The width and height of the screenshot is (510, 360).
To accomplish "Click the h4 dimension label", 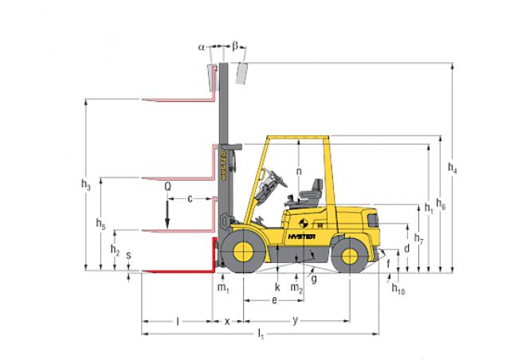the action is [453, 168].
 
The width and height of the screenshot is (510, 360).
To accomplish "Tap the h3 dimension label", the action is [86, 185].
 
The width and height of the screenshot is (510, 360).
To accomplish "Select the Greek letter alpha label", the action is [202, 47].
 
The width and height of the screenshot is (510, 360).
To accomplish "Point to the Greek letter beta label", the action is [235, 46].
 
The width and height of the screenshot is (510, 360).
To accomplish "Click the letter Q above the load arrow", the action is [168, 187].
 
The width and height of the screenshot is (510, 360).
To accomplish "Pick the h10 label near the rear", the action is [398, 289].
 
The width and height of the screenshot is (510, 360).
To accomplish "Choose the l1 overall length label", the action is [261, 334].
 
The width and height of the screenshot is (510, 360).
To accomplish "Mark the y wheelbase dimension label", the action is [296, 321].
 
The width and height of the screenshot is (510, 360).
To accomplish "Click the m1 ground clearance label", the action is [223, 288].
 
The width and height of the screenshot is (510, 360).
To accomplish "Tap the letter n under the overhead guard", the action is [299, 171].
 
